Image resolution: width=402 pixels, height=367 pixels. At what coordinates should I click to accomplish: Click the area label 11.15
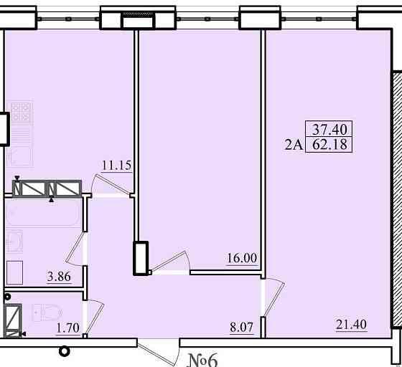click(116, 166)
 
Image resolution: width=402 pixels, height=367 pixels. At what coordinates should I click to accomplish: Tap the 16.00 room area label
click(242, 258)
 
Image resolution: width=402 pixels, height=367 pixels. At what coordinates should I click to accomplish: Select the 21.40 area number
click(351, 324)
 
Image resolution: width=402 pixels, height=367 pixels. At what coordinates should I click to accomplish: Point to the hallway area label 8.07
click(241, 327)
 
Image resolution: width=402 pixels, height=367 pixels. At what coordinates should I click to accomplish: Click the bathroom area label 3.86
click(59, 277)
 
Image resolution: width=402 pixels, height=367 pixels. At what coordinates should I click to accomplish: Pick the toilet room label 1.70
click(68, 328)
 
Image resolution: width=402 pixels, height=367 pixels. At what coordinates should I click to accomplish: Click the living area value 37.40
click(329, 129)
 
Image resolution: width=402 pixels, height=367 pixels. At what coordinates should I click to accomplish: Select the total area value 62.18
click(329, 145)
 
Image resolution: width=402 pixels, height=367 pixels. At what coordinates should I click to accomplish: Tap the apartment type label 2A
click(294, 146)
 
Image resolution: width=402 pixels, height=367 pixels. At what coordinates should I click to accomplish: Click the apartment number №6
click(202, 361)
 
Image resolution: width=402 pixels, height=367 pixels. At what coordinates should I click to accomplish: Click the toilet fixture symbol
click(48, 313)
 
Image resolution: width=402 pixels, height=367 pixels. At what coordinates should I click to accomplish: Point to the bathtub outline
click(42, 213)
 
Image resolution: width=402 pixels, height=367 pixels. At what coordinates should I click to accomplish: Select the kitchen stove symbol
click(22, 112)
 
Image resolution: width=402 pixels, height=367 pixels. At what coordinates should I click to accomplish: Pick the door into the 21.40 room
click(274, 297)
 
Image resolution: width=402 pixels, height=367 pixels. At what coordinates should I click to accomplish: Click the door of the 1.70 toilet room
click(94, 318)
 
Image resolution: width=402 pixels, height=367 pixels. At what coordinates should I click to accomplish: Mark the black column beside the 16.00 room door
click(141, 258)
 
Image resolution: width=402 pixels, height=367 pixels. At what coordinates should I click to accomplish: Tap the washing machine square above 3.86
click(14, 272)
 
